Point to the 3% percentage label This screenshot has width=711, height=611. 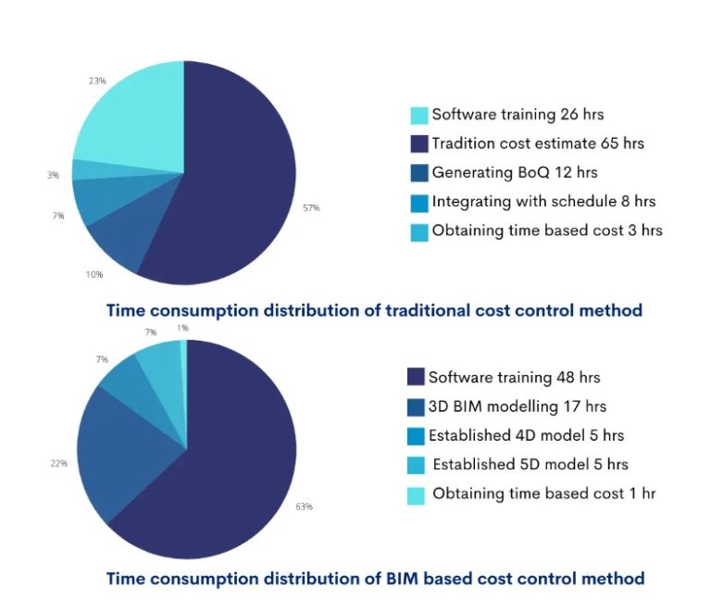click(54, 174)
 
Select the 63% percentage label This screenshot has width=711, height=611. click(305, 506)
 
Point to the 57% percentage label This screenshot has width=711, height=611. click(311, 208)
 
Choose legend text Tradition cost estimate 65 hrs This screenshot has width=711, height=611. click(538, 143)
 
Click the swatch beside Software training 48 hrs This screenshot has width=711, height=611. click(417, 378)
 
